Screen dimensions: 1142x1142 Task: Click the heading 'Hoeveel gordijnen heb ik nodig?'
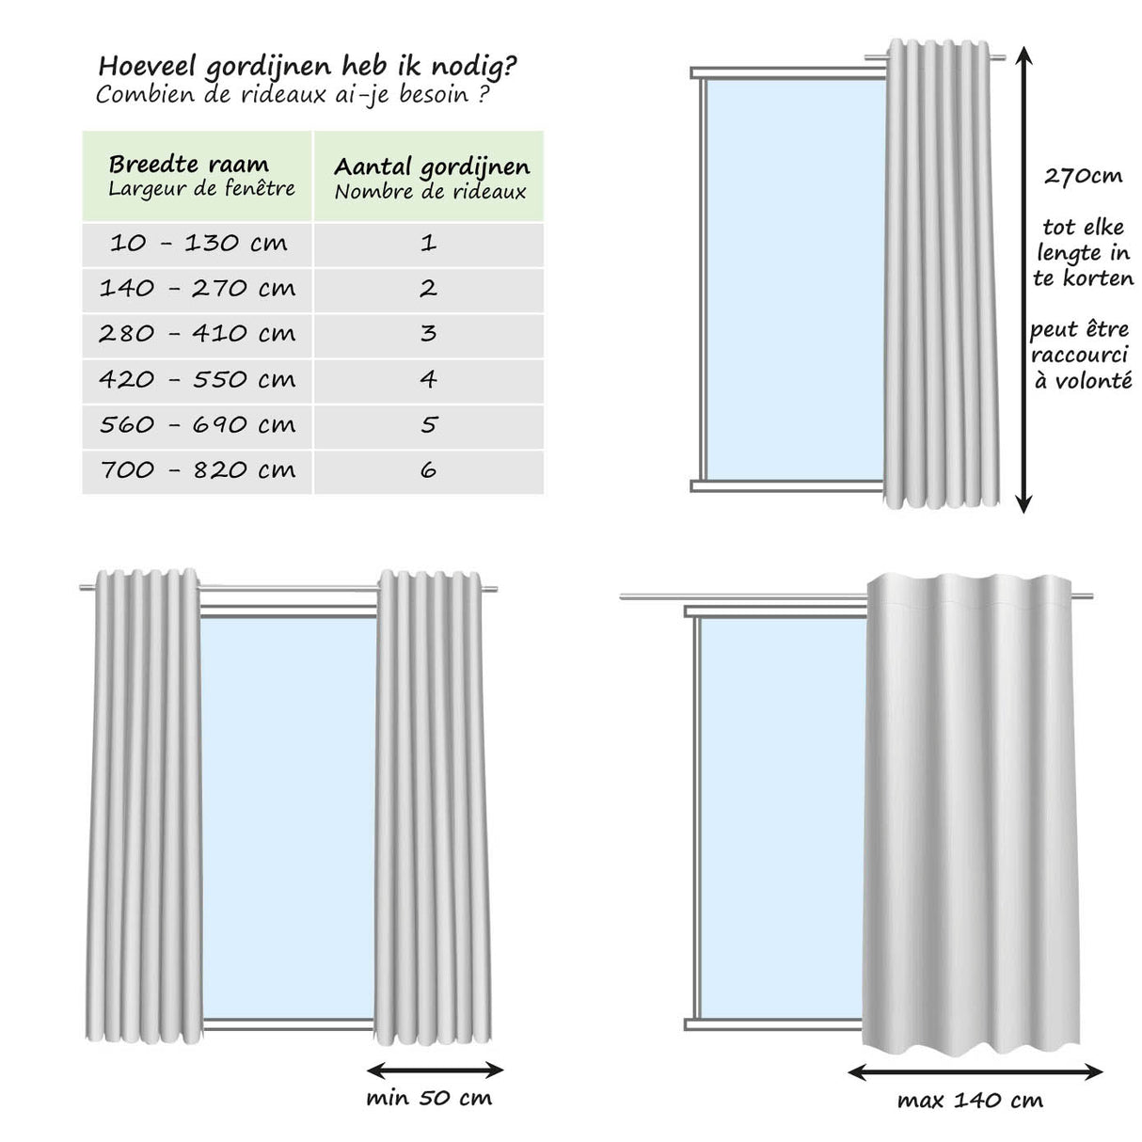point(307,68)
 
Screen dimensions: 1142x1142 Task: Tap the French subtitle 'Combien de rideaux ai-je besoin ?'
point(292,95)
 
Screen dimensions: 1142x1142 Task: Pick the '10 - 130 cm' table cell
point(198,244)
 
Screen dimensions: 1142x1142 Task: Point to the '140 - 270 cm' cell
point(198,289)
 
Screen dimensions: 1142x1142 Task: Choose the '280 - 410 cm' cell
point(198,334)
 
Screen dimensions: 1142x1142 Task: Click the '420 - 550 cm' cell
point(198,380)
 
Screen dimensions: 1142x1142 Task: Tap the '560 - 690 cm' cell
point(198,425)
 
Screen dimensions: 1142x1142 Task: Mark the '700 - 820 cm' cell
point(198,470)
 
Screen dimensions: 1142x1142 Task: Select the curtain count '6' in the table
point(429,470)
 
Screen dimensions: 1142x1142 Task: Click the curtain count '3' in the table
point(429,334)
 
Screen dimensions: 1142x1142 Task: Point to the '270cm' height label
point(1083,176)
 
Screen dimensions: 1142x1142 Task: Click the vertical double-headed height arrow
point(1024,282)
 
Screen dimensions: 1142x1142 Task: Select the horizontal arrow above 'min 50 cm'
point(435,1070)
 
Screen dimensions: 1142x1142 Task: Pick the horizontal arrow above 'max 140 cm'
point(975,1071)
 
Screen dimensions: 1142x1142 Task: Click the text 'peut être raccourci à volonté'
point(1080,356)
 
